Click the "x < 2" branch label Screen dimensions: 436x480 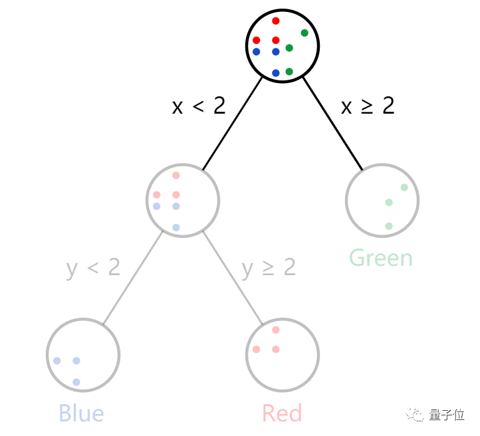coord(199,106)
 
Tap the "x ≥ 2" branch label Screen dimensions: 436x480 coord(368,106)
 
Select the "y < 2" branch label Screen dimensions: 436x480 coord(93,267)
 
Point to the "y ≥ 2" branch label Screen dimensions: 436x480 coord(269,267)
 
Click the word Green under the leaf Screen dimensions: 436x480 coord(381,257)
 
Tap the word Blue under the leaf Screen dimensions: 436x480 coord(81,413)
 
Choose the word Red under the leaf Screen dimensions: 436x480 coord(282,413)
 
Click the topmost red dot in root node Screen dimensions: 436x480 coord(276,21)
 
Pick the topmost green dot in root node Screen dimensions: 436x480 coord(304,33)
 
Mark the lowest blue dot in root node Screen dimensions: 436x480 coord(276,73)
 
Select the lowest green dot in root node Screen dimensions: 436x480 coord(289,72)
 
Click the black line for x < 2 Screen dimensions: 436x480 coord(233,124)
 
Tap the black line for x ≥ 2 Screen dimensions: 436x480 coord(333,124)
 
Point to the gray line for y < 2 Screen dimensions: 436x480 coord(133,278)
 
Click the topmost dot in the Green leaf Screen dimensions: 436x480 coord(404,187)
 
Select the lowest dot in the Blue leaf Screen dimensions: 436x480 coord(76,382)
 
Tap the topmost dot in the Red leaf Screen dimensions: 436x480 coord(276,330)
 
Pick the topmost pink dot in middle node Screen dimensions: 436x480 coord(176,175)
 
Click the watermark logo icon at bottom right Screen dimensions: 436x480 coord(418,415)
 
